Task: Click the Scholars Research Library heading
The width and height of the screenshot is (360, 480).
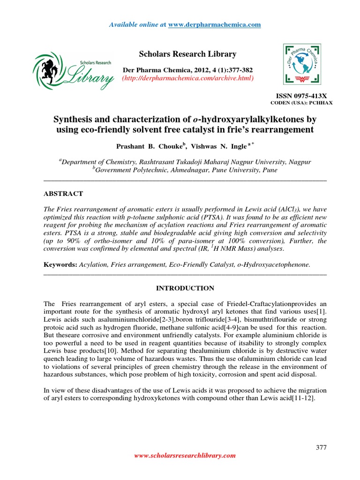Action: click(180, 54)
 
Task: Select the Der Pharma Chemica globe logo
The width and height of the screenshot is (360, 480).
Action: click(302, 63)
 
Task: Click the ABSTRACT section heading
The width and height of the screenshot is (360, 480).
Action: click(63, 194)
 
